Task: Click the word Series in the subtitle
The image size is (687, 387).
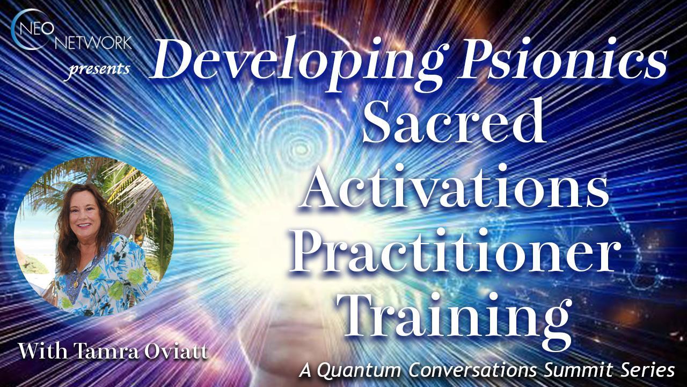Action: click(652, 370)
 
